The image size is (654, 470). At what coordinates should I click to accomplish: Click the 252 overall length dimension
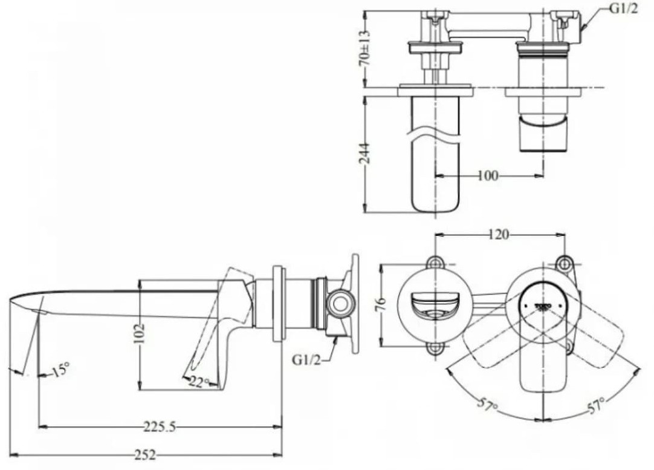[146, 455]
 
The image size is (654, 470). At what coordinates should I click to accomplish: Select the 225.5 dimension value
[160, 427]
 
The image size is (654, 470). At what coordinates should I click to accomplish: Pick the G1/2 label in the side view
[306, 359]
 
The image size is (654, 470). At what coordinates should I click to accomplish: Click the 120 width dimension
[499, 234]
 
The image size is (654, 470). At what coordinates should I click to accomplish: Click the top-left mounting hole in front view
[434, 263]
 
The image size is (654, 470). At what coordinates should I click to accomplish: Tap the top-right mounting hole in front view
[564, 263]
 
